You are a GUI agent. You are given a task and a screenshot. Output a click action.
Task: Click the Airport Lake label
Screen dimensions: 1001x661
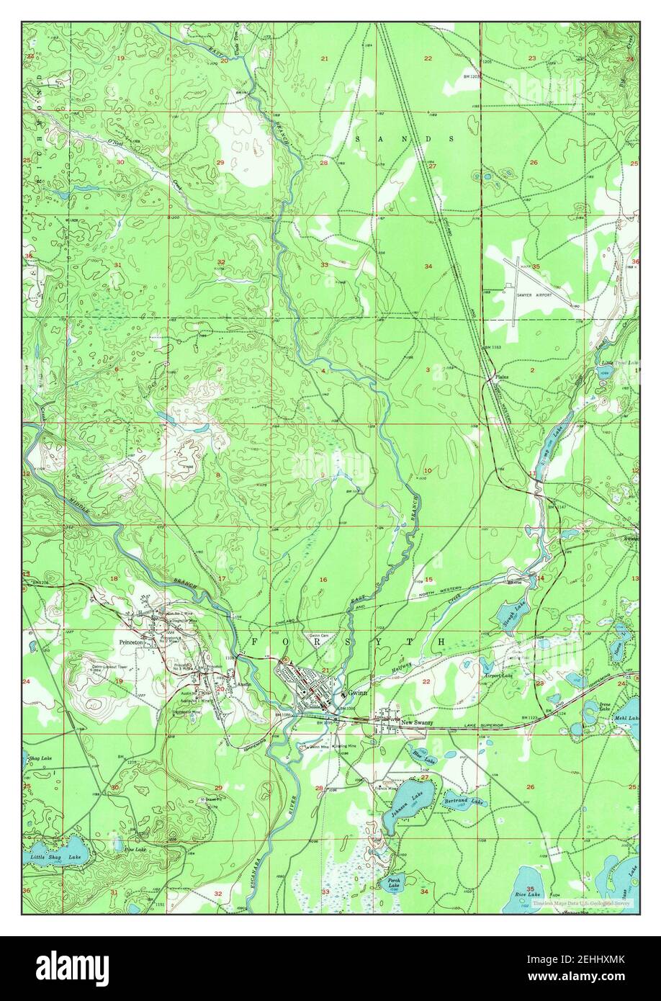(x=498, y=676)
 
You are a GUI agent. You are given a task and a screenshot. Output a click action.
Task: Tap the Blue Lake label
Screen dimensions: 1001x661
(x=424, y=757)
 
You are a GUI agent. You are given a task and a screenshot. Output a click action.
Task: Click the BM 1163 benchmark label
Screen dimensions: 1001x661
(x=492, y=348)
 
